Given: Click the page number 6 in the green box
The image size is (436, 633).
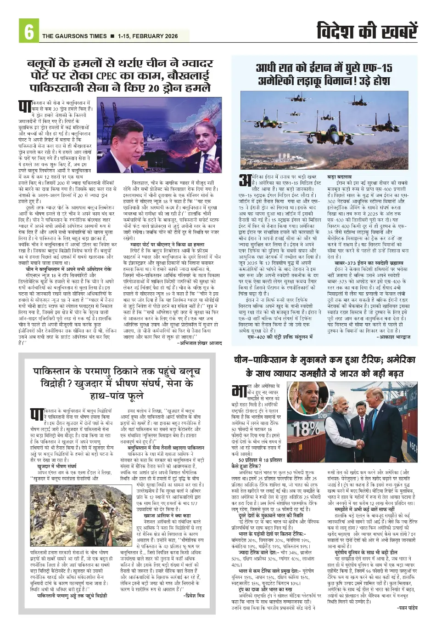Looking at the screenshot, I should pos(28,32).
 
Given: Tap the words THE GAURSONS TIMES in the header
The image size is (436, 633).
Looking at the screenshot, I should pos(74,36).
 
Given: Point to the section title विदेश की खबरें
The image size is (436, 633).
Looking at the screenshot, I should pos(367,31).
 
